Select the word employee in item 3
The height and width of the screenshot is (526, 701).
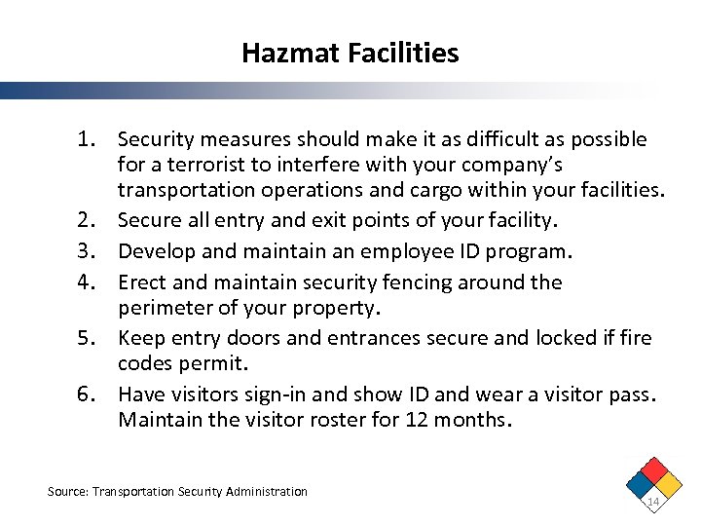click(398, 252)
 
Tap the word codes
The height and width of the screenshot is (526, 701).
click(146, 362)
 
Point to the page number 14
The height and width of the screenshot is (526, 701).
click(653, 501)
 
